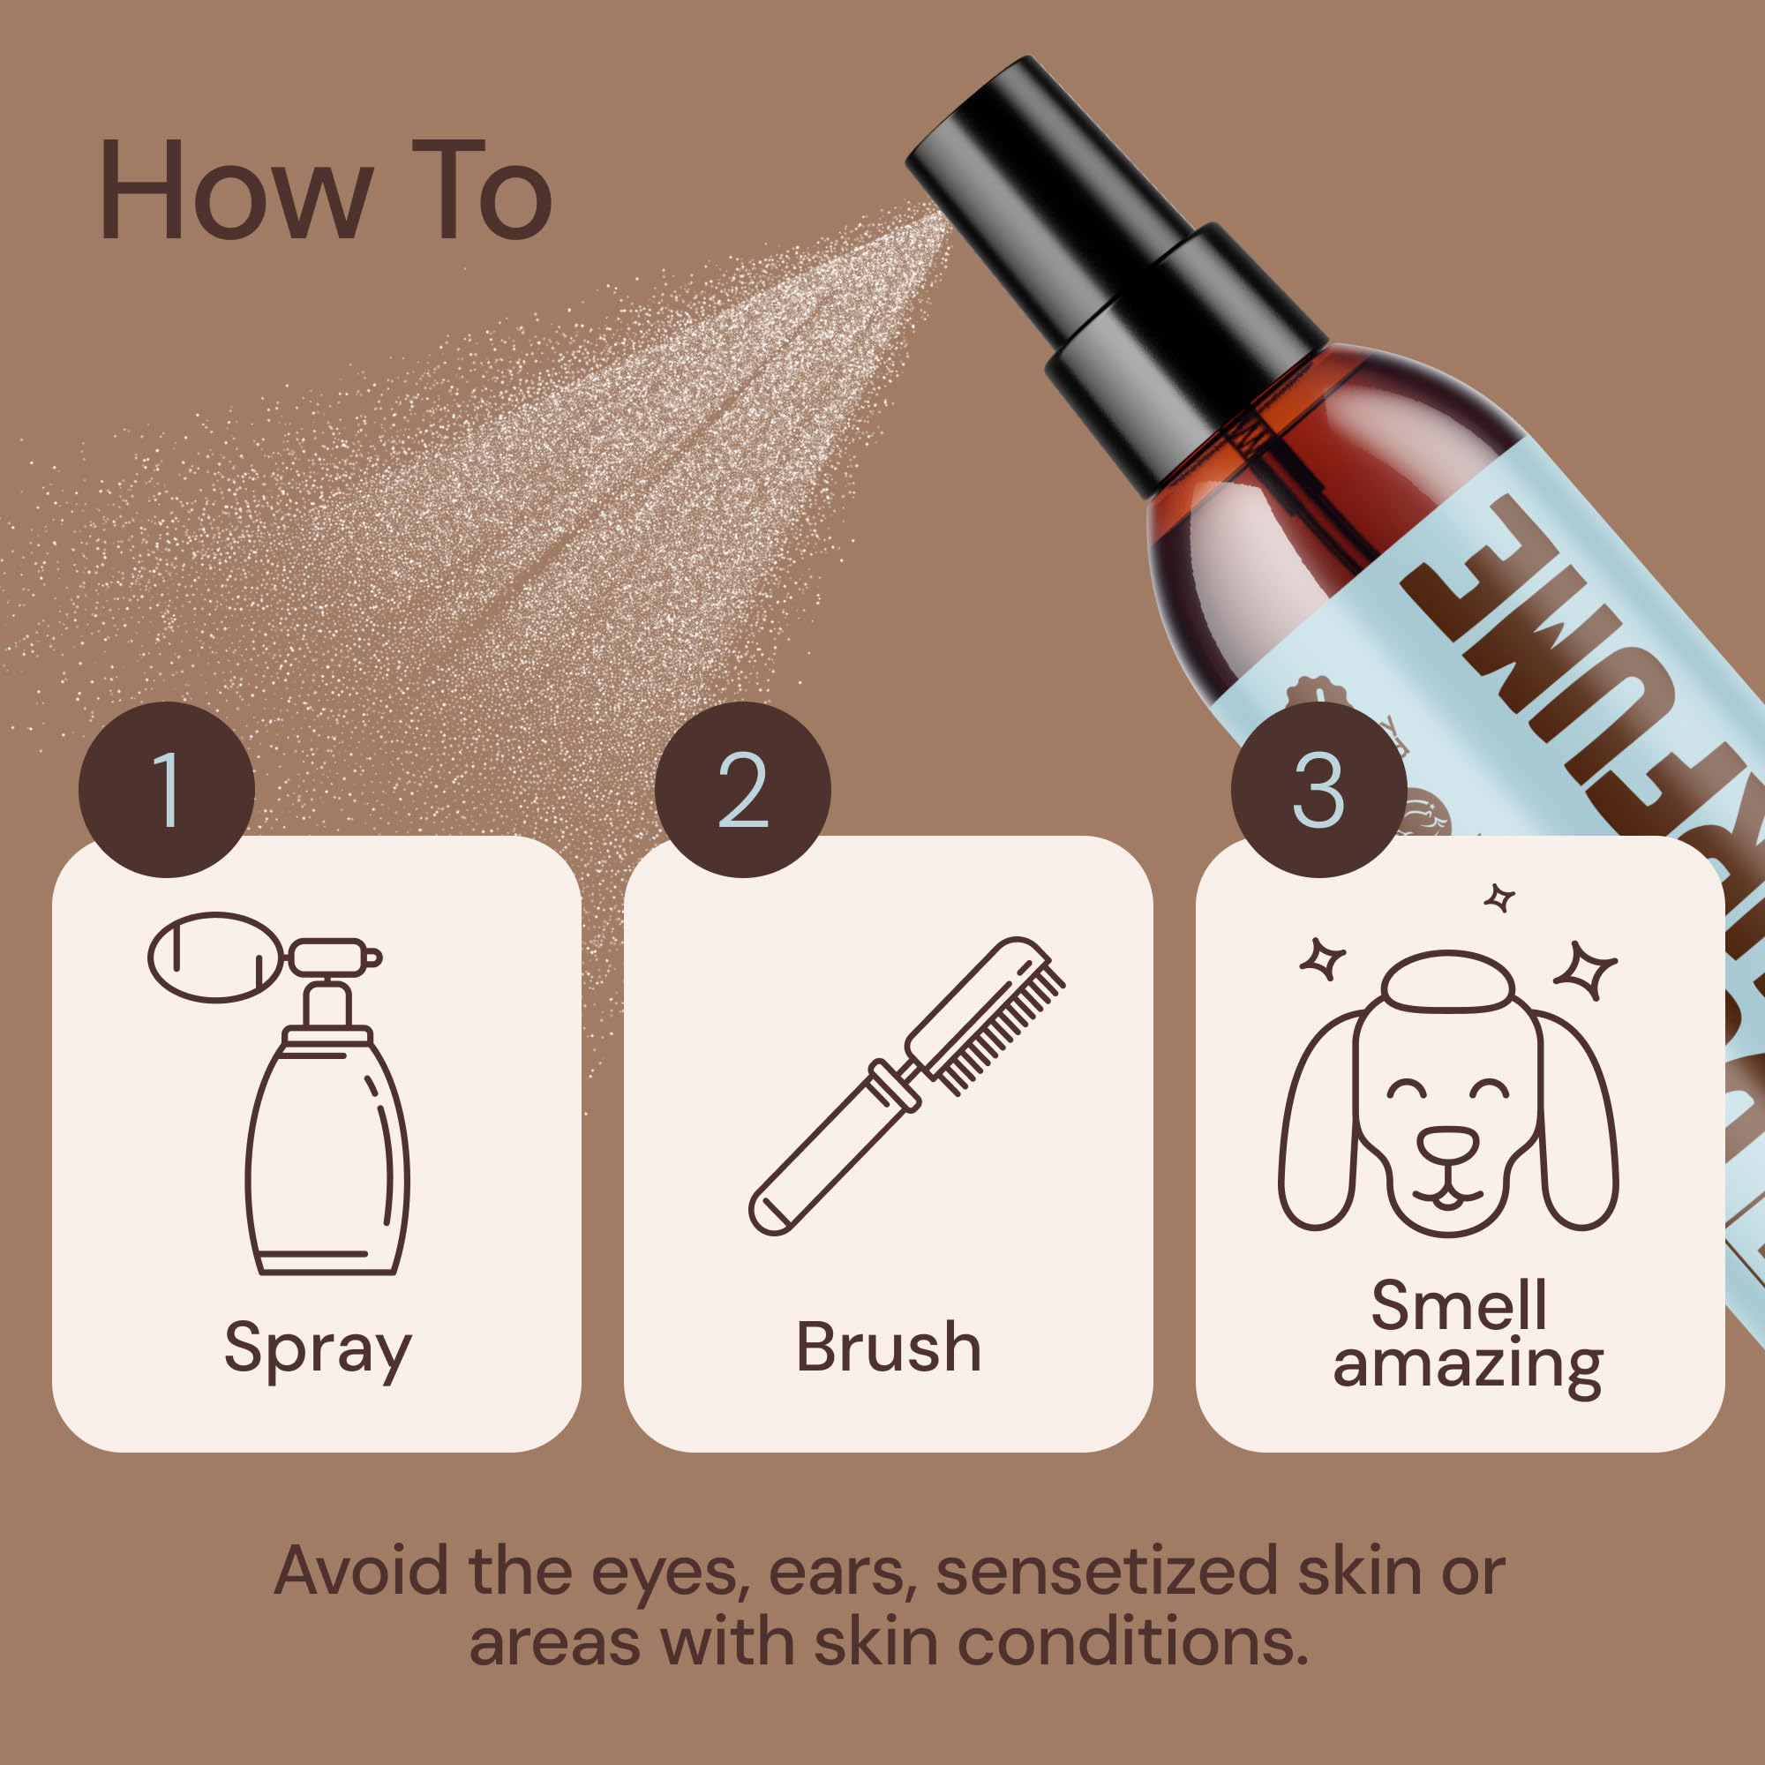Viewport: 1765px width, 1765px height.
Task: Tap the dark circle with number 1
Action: pos(166,789)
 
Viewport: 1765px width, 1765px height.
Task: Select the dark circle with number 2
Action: pos(742,789)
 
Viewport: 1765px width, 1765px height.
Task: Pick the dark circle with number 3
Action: pos(1318,789)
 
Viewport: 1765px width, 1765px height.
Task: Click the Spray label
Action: pos(317,1348)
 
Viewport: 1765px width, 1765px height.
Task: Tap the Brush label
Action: pos(888,1347)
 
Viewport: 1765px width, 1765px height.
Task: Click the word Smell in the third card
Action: pos(1459,1306)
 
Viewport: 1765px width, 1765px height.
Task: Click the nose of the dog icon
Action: pos(1447,1144)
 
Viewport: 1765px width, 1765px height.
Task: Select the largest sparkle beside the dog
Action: pos(1586,969)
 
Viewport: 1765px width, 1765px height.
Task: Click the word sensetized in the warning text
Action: pos(1111,1572)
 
